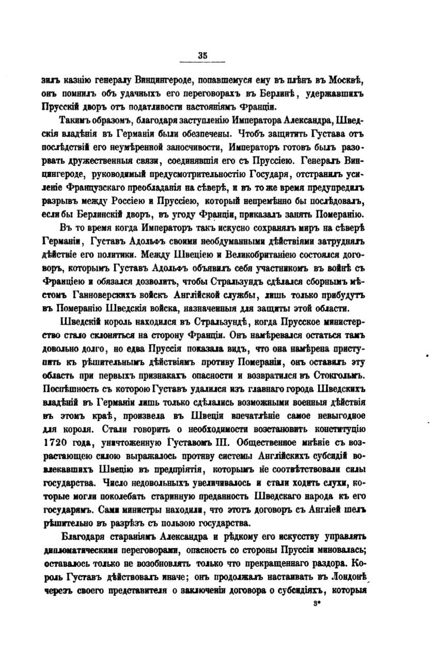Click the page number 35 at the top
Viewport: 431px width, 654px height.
[x=202, y=57]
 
